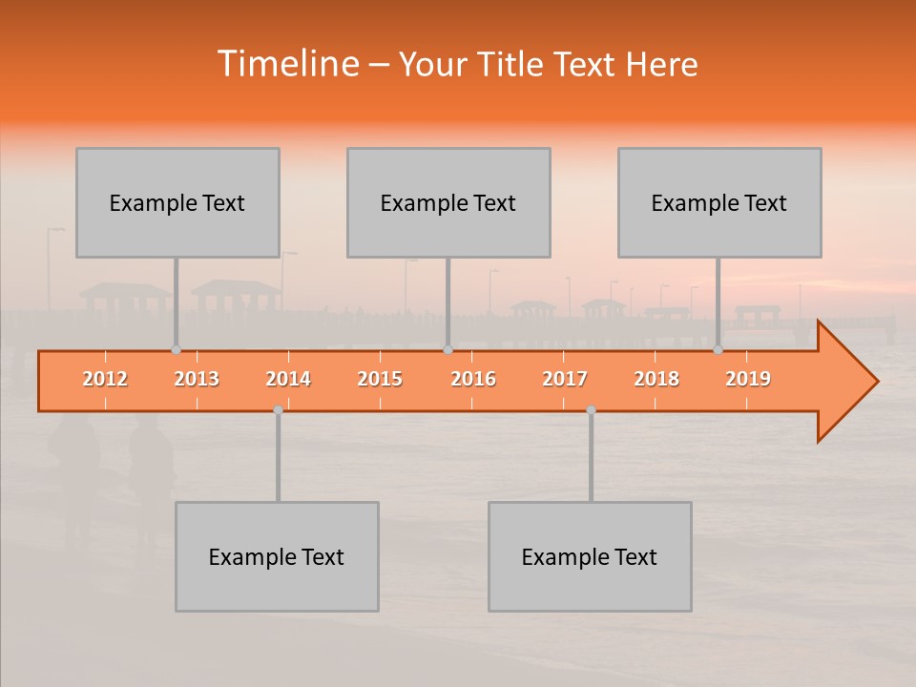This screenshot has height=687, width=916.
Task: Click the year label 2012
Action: tap(105, 379)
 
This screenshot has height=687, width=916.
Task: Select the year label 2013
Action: tap(197, 379)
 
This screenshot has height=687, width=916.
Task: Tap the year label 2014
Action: tap(288, 379)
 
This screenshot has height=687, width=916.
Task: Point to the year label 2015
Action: tap(380, 379)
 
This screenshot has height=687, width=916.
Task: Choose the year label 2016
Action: tap(473, 379)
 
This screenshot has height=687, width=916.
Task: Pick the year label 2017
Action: tap(565, 379)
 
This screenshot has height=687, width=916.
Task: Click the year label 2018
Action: tap(656, 379)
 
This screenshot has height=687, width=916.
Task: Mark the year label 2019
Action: tap(748, 379)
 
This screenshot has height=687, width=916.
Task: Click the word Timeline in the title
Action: tap(287, 64)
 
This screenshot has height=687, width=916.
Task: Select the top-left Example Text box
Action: tap(177, 202)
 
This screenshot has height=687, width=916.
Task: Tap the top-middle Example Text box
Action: tap(448, 202)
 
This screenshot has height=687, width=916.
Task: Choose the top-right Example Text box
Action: tap(719, 202)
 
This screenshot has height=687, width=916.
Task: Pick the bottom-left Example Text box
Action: tap(277, 556)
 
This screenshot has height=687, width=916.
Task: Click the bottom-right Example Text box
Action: tap(590, 556)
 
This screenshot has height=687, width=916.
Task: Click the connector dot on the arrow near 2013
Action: tap(176, 350)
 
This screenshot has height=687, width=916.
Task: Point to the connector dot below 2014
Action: tap(278, 409)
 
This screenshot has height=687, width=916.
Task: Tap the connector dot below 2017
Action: tap(591, 409)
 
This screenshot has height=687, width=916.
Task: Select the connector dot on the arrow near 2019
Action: tap(718, 350)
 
